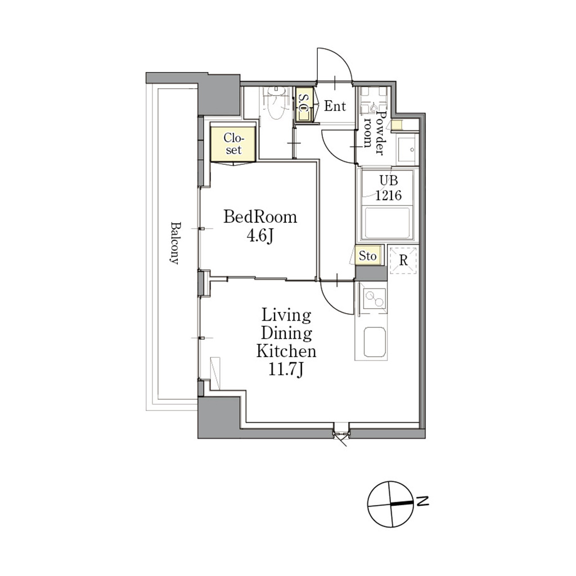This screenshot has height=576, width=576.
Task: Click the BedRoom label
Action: click(x=260, y=217)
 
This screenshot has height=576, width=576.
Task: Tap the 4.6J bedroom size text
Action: click(x=260, y=236)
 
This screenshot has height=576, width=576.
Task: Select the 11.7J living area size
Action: click(x=286, y=370)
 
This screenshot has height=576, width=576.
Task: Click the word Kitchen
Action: click(x=286, y=351)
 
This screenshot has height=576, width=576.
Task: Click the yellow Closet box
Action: click(x=233, y=143)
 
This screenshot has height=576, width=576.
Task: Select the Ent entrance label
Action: click(x=335, y=106)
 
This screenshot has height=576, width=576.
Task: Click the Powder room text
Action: click(x=373, y=133)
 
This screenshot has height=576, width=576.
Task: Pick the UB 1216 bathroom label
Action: click(x=388, y=188)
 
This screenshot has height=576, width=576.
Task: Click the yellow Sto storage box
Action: click(x=368, y=256)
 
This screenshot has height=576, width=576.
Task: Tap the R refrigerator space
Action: click(x=403, y=260)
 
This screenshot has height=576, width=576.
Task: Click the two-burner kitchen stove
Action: click(x=374, y=298)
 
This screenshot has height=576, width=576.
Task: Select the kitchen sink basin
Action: click(x=375, y=342)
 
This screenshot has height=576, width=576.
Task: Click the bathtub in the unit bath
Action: click(x=388, y=223)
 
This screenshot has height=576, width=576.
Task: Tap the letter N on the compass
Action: click(x=424, y=501)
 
